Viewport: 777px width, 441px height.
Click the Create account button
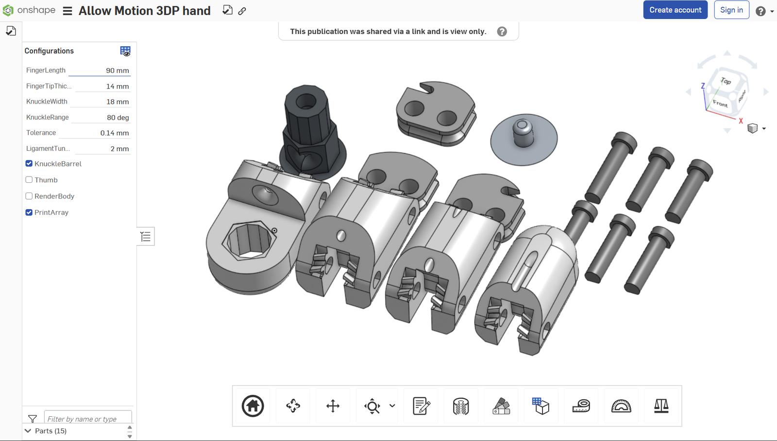pos(675,10)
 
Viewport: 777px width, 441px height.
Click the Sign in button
pos(731,10)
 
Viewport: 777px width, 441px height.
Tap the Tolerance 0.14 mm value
pos(115,133)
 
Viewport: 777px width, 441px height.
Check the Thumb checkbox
pos(29,180)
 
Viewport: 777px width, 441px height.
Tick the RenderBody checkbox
pos(29,196)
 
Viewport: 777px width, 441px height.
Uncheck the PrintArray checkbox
pos(29,212)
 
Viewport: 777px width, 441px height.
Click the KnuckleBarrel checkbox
pos(29,164)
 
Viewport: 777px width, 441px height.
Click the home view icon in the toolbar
pos(253,406)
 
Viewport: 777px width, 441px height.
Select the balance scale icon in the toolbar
pos(661,406)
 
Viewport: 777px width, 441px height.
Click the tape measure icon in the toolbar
pos(581,406)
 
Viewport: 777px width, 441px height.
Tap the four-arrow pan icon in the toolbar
pos(333,406)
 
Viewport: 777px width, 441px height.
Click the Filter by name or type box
pos(88,419)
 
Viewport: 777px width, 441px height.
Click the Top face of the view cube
pos(725,81)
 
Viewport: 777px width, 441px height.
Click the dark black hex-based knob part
pos(309,126)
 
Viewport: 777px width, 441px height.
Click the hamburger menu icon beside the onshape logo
pos(68,11)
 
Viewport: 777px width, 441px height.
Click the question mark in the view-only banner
pos(502,32)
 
